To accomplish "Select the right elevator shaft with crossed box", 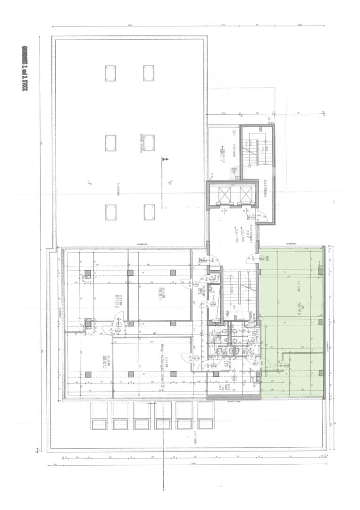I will point(245,194).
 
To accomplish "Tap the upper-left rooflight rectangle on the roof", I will point(110,73).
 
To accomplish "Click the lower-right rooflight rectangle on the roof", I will point(149,212).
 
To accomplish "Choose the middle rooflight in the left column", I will point(110,143).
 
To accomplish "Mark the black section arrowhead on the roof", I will point(164,160).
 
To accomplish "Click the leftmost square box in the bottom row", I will point(99,416).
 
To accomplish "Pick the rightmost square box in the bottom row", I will point(206,416).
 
